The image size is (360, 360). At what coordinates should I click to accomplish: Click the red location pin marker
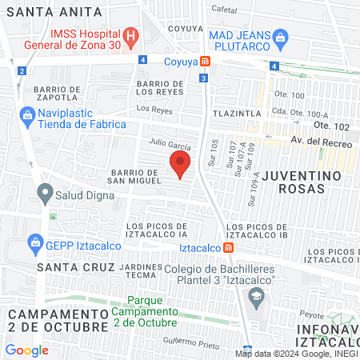point(180,166)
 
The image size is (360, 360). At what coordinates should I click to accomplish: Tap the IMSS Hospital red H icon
point(132,37)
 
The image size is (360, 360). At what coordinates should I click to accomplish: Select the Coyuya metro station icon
point(206,61)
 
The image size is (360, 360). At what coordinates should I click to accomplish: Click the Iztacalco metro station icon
point(229,248)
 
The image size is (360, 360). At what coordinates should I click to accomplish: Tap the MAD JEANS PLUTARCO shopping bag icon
point(280,37)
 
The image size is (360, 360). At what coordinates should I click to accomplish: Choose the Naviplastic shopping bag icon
point(28,116)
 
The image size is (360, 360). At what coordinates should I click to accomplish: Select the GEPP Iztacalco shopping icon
point(34,242)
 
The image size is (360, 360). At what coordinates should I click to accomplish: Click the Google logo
point(26,350)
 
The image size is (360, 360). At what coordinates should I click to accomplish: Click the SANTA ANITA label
point(54,12)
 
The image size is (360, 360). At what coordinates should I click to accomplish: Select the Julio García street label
point(169,146)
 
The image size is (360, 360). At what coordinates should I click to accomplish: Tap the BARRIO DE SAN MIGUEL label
point(136,176)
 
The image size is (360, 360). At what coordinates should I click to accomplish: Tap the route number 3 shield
point(204,78)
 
